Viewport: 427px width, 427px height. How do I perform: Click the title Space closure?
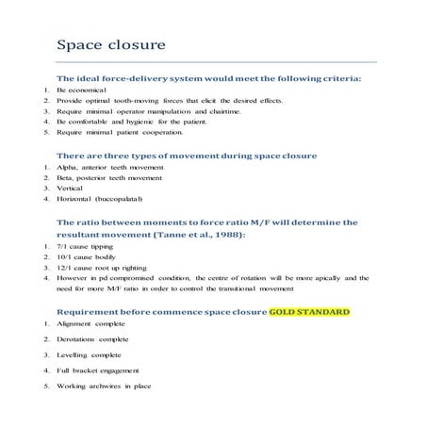coord(111,44)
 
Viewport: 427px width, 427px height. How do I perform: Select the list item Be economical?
coord(83,89)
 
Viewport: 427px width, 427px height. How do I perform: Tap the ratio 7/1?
coord(65,244)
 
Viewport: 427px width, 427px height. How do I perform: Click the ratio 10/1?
coord(67,255)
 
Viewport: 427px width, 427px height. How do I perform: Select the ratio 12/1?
coord(67,267)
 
